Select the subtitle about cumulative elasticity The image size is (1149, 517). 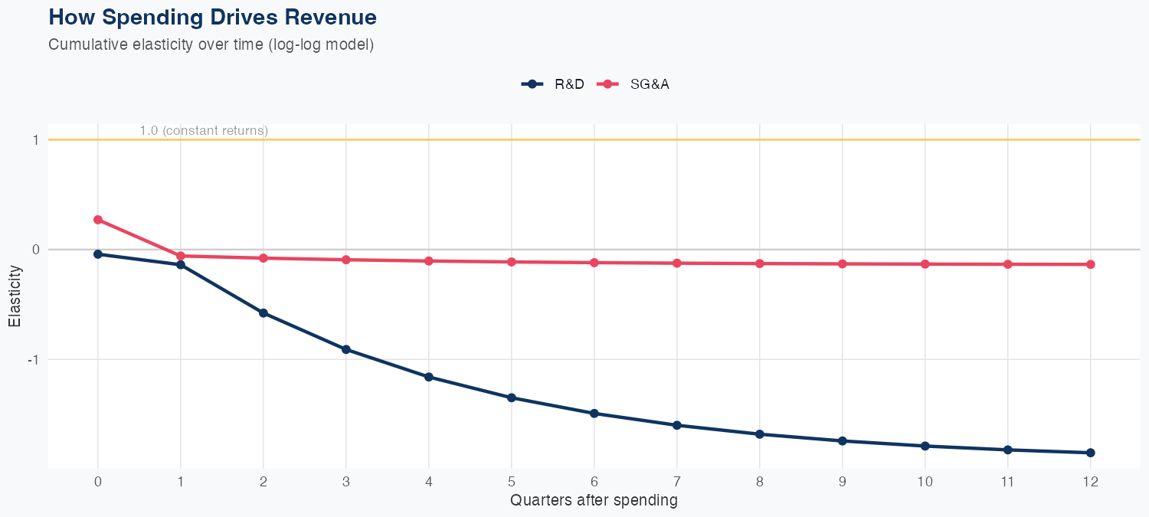[211, 44]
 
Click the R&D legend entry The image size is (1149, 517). [553, 84]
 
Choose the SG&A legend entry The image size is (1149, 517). [635, 84]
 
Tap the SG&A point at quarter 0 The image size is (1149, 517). [98, 220]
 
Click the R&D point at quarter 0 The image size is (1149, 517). [98, 254]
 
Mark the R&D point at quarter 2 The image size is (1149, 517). [264, 313]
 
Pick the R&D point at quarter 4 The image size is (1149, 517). [429, 377]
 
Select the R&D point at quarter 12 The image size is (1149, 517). [1091, 453]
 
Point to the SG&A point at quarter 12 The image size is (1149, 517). [1091, 264]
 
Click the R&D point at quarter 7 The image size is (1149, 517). [677, 425]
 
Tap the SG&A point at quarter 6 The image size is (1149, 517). [594, 263]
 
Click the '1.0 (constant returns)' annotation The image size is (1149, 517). [204, 131]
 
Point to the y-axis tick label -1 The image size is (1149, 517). [34, 359]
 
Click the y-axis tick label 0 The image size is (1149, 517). [35, 250]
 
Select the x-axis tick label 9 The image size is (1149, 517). [843, 482]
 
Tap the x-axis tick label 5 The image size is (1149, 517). [512, 482]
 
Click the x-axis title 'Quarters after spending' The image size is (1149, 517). [594, 501]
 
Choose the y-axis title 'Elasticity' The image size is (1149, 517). [15, 296]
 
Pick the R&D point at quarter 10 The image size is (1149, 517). [925, 446]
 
